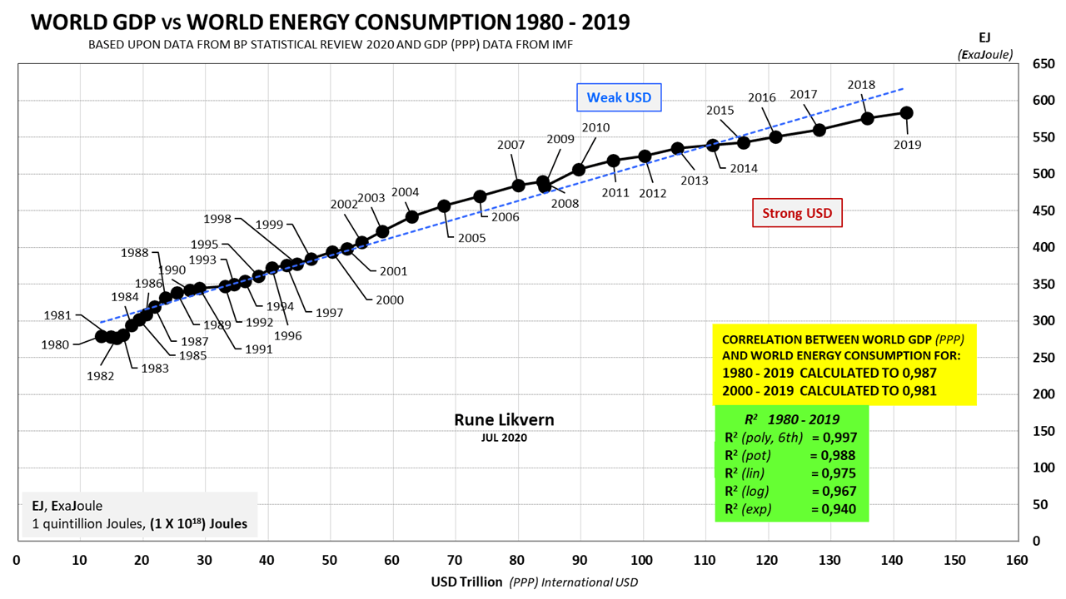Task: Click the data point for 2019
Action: pyautogui.click(x=907, y=113)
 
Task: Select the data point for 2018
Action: pyautogui.click(x=867, y=118)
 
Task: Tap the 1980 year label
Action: pyautogui.click(x=55, y=344)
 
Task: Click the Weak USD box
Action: pyautogui.click(x=619, y=97)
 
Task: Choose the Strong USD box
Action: pyautogui.click(x=797, y=213)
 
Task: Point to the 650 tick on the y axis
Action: pyautogui.click(x=1042, y=64)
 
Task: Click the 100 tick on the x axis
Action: pyautogui.click(x=641, y=559)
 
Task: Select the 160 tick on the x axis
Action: pyautogui.click(x=1016, y=559)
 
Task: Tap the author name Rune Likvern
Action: pyautogui.click(x=504, y=420)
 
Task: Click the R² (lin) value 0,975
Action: pyautogui.click(x=833, y=473)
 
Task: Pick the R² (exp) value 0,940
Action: pyautogui.click(x=833, y=509)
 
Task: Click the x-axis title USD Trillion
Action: pyautogui.click(x=466, y=581)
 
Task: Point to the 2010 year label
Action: pyautogui.click(x=595, y=128)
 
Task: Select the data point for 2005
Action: pyautogui.click(x=444, y=206)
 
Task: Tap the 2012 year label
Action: pyautogui.click(x=653, y=194)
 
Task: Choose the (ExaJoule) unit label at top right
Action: pyautogui.click(x=985, y=55)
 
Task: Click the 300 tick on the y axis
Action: pyautogui.click(x=1042, y=321)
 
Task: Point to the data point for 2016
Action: pyautogui.click(x=775, y=137)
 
